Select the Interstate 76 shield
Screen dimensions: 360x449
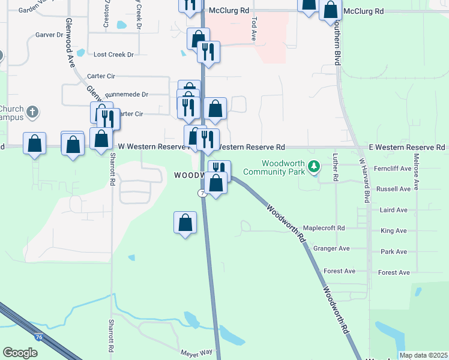tap(39, 338)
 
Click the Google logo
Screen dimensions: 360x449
tap(20, 353)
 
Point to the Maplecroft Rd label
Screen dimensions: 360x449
tap(324, 228)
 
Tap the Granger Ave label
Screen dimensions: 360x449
tap(331, 248)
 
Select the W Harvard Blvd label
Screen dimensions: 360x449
tap(365, 180)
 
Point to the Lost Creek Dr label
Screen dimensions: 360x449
tap(113, 55)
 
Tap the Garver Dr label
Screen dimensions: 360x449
tap(49, 35)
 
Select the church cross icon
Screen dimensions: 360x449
tap(32, 112)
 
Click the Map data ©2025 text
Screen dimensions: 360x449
tap(423, 355)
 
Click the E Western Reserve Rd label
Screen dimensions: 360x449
tap(407, 147)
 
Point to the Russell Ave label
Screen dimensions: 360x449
tap(393, 188)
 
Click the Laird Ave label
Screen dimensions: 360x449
tap(394, 210)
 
